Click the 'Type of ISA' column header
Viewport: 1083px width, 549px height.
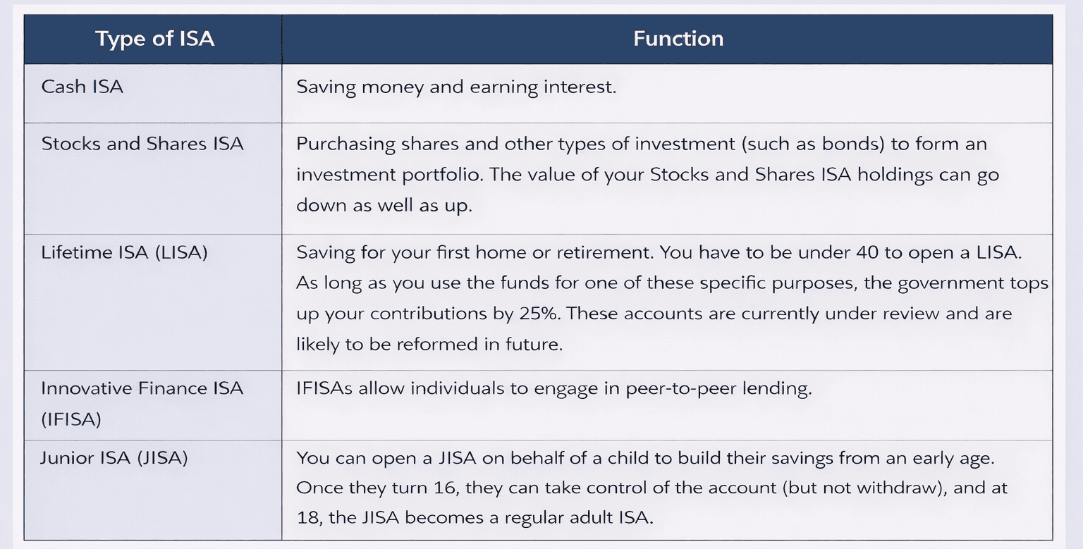coord(154,39)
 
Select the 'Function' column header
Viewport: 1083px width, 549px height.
coord(678,39)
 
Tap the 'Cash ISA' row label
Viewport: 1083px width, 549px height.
coord(82,87)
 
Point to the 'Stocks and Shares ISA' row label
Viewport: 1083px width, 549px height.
coord(142,144)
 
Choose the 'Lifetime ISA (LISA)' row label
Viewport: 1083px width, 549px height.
coord(124,252)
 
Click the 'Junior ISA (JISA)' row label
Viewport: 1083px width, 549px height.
coord(114,457)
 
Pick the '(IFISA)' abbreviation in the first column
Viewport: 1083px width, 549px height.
coord(71,419)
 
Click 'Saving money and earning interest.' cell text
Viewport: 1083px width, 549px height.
coord(456,87)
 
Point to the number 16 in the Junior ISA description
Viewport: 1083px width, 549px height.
coord(445,488)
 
